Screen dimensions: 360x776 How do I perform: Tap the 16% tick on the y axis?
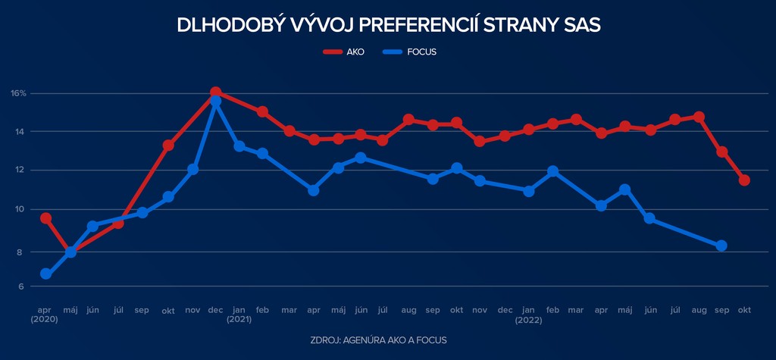pyautogui.click(x=19, y=93)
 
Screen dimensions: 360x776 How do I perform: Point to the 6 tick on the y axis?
pyautogui.click(x=20, y=286)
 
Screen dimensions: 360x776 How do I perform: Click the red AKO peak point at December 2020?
pyautogui.click(x=215, y=92)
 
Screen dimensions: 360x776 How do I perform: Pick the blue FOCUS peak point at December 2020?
pyautogui.click(x=215, y=101)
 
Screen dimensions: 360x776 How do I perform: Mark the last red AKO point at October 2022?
pyautogui.click(x=744, y=180)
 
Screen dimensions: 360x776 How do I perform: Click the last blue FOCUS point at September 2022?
pyautogui.click(x=721, y=246)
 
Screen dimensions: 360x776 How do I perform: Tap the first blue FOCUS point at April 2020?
pyautogui.click(x=45, y=274)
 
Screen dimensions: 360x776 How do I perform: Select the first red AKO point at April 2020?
pyautogui.click(x=45, y=218)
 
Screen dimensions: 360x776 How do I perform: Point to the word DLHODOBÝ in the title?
pyautogui.click(x=220, y=25)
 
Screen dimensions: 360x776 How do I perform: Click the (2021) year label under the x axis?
pyautogui.click(x=239, y=320)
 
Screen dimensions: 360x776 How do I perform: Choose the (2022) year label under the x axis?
pyautogui.click(x=529, y=320)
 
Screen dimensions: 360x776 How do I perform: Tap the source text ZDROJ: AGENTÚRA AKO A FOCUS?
pyautogui.click(x=379, y=340)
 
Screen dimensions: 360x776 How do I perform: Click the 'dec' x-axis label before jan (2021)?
pyautogui.click(x=215, y=310)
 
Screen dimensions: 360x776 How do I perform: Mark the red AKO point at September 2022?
pyautogui.click(x=721, y=152)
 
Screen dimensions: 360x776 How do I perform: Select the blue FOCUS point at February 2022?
pyautogui.click(x=552, y=172)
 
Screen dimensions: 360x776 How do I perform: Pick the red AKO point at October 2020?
pyautogui.click(x=168, y=146)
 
